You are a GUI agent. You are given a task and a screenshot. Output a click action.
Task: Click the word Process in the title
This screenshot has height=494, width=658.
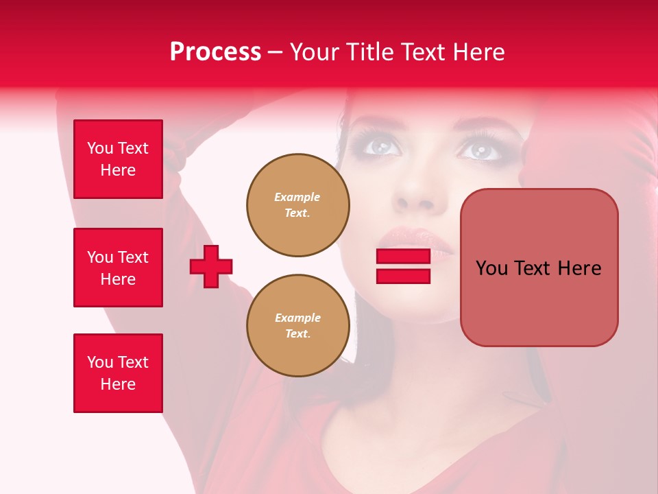tap(215, 52)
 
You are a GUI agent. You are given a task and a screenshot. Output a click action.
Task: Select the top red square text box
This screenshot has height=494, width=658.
tap(118, 159)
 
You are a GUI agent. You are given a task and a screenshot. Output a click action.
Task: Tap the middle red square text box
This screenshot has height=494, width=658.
tap(118, 268)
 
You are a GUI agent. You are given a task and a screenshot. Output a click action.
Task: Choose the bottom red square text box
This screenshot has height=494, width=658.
tap(118, 373)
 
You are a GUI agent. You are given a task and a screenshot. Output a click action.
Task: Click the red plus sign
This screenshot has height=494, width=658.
tap(211, 266)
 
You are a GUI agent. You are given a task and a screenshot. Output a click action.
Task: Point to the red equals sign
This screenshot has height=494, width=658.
tap(403, 266)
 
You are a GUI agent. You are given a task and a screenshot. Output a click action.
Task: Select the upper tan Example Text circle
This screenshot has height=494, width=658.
tap(298, 205)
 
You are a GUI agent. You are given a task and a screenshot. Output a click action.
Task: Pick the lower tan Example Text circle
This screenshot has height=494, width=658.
tap(298, 326)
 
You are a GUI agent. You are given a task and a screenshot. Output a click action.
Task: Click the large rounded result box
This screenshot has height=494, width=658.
tap(539, 268)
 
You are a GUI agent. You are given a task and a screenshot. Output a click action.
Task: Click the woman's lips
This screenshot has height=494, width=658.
tap(414, 238)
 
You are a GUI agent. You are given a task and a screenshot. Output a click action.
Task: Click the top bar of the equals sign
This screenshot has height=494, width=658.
tap(403, 257)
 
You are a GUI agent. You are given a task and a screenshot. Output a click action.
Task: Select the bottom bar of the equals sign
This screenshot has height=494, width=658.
tap(403, 277)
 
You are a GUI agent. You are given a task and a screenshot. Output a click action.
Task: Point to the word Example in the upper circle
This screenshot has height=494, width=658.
tap(297, 197)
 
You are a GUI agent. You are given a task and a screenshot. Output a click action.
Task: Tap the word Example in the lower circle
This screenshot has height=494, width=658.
tap(297, 318)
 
